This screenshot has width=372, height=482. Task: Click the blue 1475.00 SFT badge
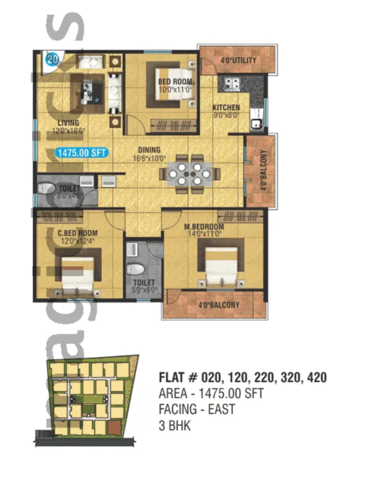tap(82, 153)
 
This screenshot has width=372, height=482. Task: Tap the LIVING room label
tap(68, 123)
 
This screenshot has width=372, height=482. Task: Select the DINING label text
tap(149, 150)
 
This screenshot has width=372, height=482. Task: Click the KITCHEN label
tap(226, 107)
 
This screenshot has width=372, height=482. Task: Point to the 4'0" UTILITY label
tap(238, 61)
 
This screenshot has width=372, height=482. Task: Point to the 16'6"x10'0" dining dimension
tap(149, 157)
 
